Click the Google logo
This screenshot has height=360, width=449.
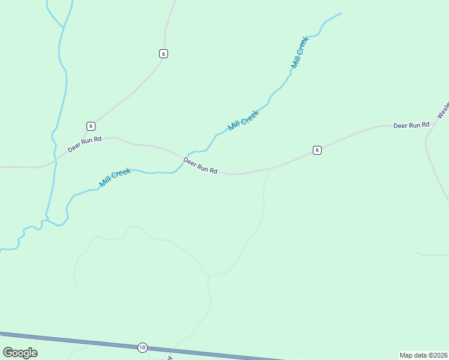pos(20,352)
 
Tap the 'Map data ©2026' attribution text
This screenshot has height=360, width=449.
pos(423,355)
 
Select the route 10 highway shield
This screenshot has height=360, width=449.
pos(142,347)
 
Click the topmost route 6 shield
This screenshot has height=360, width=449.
pos(163,53)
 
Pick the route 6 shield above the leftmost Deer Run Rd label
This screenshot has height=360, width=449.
pos(91,126)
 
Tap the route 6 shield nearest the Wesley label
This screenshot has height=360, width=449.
pos(317,150)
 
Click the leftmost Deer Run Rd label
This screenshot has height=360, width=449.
pos(85,144)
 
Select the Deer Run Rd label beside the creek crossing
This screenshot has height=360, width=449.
pos(200,166)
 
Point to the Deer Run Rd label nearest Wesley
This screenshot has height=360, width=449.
pos(411,125)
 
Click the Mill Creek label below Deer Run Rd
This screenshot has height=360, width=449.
pos(115,177)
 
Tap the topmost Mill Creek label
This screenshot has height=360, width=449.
pos(300,52)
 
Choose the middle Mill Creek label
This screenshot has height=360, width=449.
pos(243,120)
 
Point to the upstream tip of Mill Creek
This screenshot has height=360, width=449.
pos(340,13)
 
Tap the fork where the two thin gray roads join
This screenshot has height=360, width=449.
pos(209,277)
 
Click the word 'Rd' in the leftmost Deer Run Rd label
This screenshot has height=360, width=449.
pos(97,139)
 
